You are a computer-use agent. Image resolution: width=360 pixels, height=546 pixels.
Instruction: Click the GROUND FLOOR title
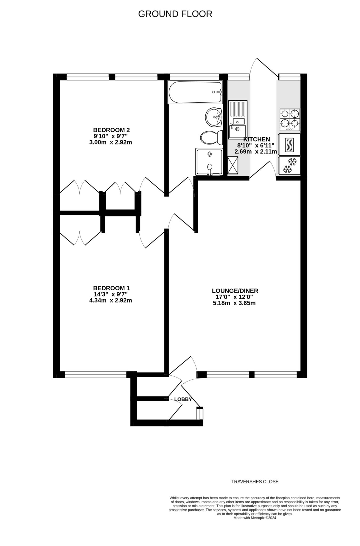click(x=175, y=14)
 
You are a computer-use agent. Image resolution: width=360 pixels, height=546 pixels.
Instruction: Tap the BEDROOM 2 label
click(x=111, y=130)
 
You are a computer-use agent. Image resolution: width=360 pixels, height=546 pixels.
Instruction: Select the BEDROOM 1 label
click(x=111, y=288)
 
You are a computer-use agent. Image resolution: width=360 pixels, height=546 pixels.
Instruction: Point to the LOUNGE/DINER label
click(x=235, y=291)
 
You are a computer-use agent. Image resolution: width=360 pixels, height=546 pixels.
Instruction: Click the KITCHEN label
click(x=257, y=139)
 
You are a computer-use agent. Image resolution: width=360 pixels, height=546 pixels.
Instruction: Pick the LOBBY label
click(x=183, y=399)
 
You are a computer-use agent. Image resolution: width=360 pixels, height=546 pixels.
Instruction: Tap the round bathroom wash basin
click(x=214, y=117)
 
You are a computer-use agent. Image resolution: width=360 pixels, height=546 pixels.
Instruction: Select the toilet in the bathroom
click(x=212, y=138)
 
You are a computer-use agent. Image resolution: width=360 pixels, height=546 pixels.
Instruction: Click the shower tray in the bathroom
click(x=209, y=162)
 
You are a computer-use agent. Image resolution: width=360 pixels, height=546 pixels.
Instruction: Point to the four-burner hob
click(x=290, y=120)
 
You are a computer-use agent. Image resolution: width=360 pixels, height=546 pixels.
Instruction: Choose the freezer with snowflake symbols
click(x=289, y=166)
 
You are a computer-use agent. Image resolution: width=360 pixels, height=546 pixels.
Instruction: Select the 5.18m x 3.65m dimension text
click(x=234, y=303)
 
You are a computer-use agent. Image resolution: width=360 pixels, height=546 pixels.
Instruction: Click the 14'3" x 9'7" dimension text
click(x=111, y=294)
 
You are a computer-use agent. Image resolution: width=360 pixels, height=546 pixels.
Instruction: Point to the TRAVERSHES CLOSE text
click(x=255, y=482)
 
